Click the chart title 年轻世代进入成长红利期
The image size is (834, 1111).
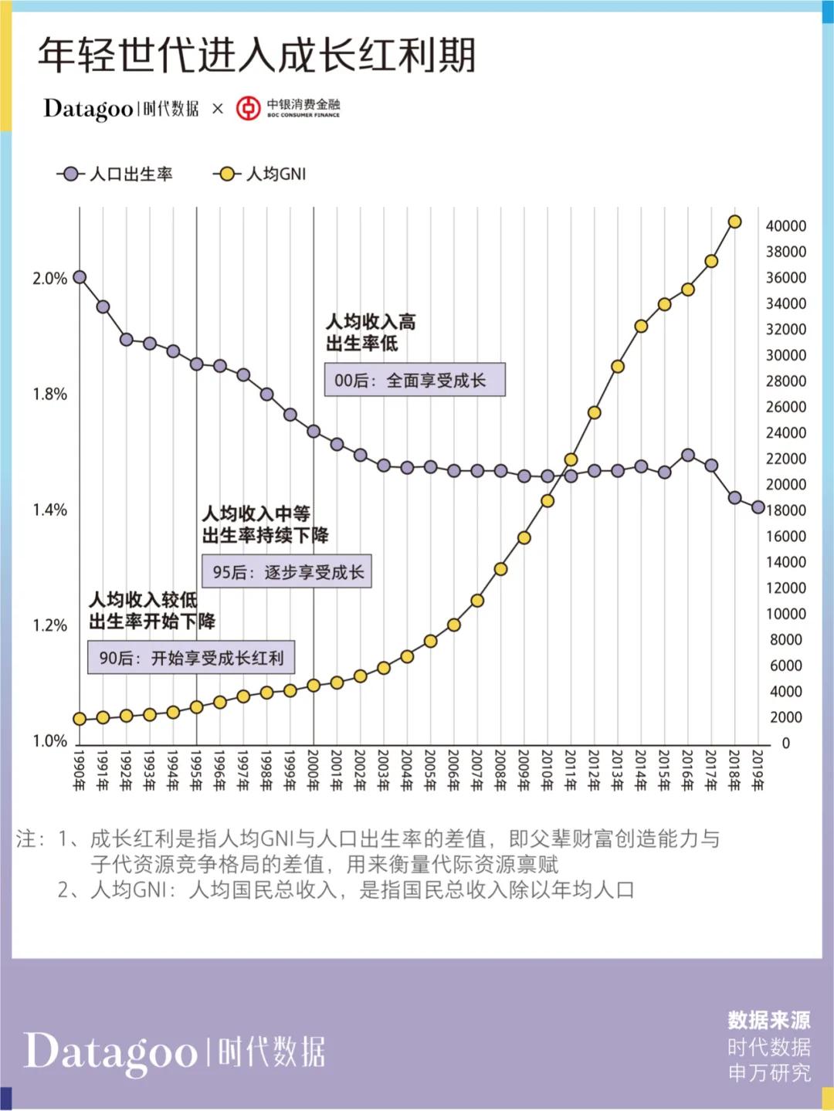[x=256, y=56]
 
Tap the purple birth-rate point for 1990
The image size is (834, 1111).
[x=80, y=277]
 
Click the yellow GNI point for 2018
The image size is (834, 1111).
[x=734, y=222]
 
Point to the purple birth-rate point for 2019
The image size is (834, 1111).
[x=758, y=507]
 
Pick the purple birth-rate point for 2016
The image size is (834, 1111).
[x=688, y=456]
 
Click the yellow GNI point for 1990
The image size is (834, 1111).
[x=80, y=719]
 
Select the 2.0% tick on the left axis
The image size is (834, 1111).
[x=49, y=279]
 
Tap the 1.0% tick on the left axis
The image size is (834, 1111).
[x=49, y=741]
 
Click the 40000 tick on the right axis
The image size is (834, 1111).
[x=785, y=226]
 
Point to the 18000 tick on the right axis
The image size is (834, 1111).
[x=785, y=510]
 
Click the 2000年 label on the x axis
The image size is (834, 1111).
[x=314, y=771]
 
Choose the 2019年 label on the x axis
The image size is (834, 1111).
[x=758, y=771]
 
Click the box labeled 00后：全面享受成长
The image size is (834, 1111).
[x=415, y=380]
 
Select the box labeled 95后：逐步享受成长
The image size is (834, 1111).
[x=286, y=572]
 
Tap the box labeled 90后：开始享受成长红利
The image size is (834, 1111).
[x=191, y=658]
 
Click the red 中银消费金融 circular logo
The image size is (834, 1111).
[x=248, y=109]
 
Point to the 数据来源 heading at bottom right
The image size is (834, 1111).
[x=768, y=1021]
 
